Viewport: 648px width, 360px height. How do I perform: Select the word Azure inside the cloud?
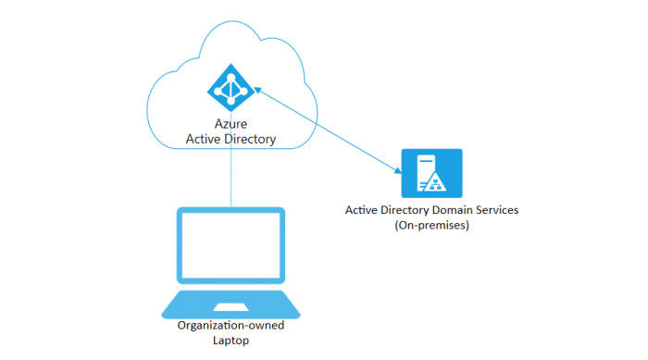coord(231,124)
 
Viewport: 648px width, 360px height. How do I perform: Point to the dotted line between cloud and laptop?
coord(231,176)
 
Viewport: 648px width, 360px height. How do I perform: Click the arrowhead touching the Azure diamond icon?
coord(257,91)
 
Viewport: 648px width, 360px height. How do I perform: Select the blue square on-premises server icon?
coord(430,172)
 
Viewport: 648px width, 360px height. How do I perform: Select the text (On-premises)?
coord(432,225)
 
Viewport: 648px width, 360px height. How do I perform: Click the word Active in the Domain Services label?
coord(361,210)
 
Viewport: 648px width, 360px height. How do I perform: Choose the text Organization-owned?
coord(230,325)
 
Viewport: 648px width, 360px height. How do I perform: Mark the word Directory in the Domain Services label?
coord(406,210)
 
